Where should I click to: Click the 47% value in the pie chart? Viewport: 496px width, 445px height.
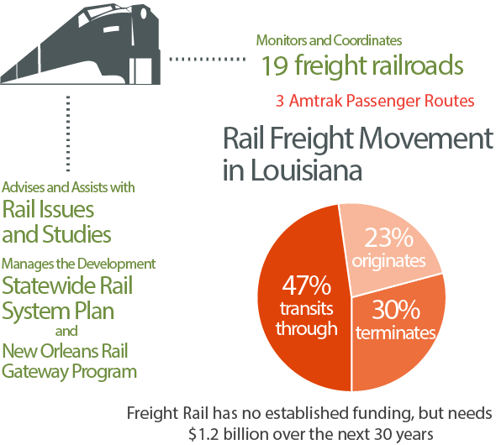(306, 285)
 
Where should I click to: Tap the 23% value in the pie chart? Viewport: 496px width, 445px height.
(388, 238)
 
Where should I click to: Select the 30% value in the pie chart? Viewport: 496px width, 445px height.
(395, 310)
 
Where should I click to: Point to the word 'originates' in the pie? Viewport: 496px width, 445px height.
(388, 261)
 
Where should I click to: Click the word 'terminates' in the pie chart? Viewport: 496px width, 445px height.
(395, 332)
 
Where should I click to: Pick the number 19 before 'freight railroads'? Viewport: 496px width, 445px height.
(275, 65)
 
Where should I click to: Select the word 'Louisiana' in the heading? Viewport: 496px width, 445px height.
(306, 170)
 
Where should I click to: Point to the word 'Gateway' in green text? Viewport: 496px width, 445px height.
(35, 371)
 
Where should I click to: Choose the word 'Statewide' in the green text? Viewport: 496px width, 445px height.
(49, 285)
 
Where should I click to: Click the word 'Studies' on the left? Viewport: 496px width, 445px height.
(77, 234)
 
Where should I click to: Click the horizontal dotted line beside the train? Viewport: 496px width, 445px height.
(208, 59)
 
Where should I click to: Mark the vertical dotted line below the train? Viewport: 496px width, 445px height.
(68, 133)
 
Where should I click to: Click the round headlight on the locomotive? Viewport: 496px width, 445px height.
(143, 13)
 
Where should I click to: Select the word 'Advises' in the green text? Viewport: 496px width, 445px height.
(24, 187)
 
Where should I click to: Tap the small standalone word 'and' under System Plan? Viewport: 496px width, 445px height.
(66, 331)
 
